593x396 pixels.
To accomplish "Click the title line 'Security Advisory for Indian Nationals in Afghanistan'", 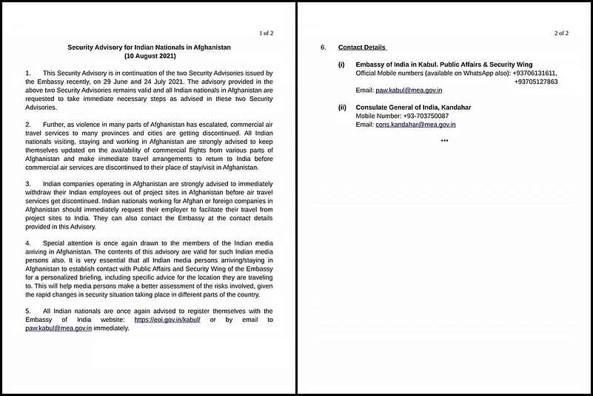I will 149,47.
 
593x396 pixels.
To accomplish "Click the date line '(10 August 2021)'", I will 149,56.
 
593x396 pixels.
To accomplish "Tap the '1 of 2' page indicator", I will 266,33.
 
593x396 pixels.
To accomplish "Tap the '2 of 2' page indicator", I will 561,33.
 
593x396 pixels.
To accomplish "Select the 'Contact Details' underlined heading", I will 362,47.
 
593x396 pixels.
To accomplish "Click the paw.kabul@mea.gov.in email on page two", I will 409,90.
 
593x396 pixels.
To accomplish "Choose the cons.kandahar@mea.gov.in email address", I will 416,125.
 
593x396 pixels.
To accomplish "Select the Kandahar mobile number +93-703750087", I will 423,116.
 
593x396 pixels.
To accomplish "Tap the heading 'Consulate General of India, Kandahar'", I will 413,108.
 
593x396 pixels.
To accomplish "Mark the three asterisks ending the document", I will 444,141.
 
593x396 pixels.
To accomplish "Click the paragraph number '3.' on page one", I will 27,182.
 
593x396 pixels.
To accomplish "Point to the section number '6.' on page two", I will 324,47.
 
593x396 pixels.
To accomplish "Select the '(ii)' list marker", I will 342,108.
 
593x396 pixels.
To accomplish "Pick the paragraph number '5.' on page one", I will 27,311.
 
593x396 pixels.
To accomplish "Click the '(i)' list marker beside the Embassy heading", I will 341,65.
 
